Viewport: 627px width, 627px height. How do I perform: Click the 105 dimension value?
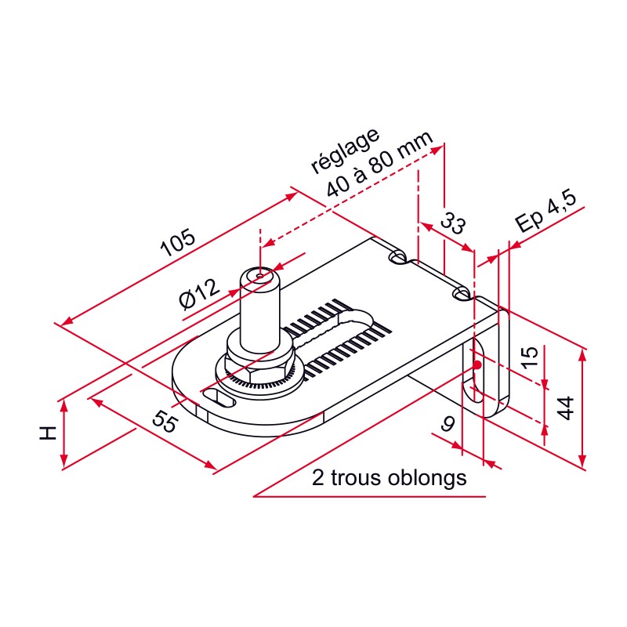point(178,245)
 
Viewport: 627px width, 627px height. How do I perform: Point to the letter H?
point(48,433)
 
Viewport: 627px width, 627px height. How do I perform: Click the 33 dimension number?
point(451,223)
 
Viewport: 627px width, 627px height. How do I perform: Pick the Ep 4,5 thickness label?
point(546,214)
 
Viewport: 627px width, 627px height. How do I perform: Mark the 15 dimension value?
point(531,357)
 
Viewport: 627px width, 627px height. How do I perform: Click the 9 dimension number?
point(448,424)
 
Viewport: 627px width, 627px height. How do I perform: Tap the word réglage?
point(346,150)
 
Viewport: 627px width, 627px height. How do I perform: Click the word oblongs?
point(427,477)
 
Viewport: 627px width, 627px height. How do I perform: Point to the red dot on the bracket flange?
point(477,364)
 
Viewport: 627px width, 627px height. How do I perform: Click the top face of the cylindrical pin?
point(261,275)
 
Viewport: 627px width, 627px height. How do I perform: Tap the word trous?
point(357,477)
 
